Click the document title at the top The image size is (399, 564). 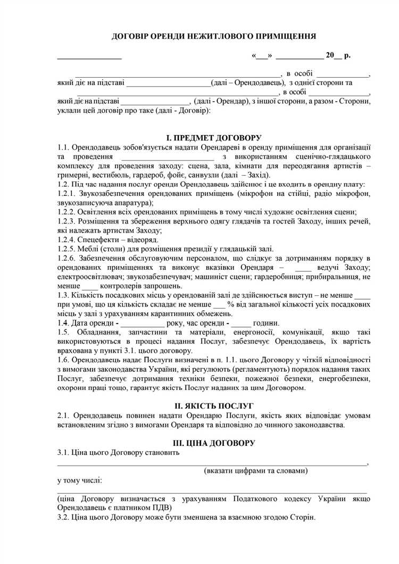click(214, 36)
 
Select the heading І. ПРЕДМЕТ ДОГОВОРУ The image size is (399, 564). click(214, 137)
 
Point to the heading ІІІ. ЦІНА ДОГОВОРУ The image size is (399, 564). click(214, 443)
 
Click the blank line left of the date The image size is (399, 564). click(89, 56)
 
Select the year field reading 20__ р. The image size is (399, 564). click(338, 55)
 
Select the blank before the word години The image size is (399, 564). click(241, 324)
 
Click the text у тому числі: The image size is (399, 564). click(80, 480)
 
